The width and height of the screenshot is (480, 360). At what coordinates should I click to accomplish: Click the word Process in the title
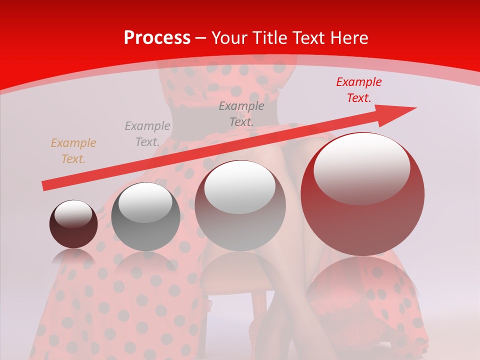(157, 38)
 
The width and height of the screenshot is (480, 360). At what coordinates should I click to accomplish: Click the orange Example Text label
(73, 151)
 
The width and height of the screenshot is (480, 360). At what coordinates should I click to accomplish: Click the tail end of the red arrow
(45, 186)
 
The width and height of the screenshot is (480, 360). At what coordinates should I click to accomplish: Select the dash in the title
(200, 38)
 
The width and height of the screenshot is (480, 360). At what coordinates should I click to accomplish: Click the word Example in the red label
(359, 82)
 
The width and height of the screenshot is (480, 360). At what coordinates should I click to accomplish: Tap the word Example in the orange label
(73, 143)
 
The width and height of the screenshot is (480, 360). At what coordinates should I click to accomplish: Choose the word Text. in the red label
(359, 98)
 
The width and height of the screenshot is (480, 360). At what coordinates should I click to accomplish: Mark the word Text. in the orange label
(73, 159)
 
